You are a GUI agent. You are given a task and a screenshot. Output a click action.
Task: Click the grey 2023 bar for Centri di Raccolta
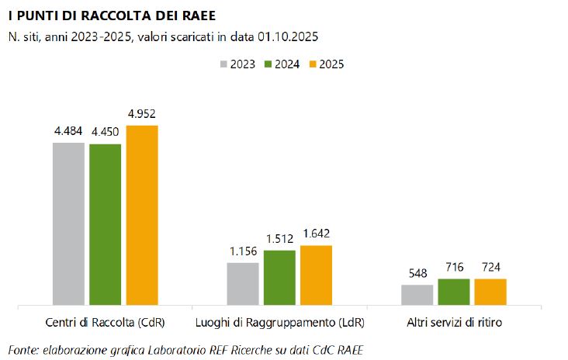(x=68, y=223)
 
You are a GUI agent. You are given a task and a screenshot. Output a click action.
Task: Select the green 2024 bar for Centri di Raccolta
(x=105, y=224)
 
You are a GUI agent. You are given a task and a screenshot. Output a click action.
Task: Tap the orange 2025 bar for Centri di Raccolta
(x=142, y=215)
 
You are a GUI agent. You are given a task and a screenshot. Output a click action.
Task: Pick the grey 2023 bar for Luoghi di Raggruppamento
(x=243, y=284)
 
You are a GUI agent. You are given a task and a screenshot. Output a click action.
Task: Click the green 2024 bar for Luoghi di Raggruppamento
(x=279, y=278)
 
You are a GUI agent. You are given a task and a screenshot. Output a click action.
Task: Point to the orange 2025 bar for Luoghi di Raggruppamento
(x=316, y=275)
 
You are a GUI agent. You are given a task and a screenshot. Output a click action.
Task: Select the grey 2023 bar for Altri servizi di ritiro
(x=417, y=295)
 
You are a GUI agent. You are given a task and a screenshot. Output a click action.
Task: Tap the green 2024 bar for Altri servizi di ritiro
(x=454, y=292)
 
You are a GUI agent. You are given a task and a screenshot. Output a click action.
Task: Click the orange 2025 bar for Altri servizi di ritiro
(x=490, y=292)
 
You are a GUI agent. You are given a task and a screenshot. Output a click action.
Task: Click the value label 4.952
(x=142, y=114)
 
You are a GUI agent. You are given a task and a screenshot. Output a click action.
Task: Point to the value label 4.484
(x=68, y=131)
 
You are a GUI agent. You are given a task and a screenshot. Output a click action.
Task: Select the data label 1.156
(x=243, y=251)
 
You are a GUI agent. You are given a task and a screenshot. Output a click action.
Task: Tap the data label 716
(x=454, y=268)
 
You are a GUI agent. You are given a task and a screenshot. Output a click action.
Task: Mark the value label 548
(x=417, y=273)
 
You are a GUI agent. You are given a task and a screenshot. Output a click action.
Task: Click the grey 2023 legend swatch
(x=224, y=64)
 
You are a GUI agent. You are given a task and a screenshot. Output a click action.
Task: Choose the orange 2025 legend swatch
(x=313, y=64)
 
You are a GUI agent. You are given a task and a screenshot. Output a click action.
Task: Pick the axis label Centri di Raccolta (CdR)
(x=106, y=322)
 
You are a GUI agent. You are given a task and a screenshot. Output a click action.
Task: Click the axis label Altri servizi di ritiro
(x=454, y=322)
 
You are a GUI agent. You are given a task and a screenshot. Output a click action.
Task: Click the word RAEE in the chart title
(x=196, y=16)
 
